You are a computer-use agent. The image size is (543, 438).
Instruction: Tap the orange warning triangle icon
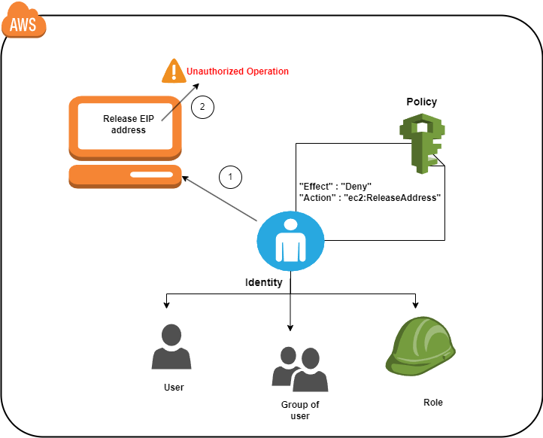pyautogui.click(x=174, y=71)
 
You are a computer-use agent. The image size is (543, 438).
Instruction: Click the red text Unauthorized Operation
pyautogui.click(x=238, y=71)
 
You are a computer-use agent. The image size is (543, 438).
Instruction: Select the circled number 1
pyautogui.click(x=231, y=177)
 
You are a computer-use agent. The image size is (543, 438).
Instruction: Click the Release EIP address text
pyautogui.click(x=124, y=124)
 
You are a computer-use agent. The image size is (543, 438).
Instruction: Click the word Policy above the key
pyautogui.click(x=421, y=102)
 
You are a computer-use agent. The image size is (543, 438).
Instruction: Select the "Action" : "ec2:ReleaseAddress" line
pyautogui.click(x=369, y=196)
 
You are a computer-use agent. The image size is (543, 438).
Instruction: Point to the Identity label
pyautogui.click(x=264, y=283)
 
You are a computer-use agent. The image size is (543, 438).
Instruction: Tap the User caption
pyautogui.click(x=174, y=388)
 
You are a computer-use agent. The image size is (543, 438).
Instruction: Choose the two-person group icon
pyautogui.click(x=299, y=370)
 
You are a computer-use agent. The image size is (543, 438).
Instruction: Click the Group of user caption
pyautogui.click(x=299, y=410)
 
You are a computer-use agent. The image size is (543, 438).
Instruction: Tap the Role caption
pyautogui.click(x=433, y=402)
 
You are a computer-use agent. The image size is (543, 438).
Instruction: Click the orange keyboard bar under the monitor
pyautogui.click(x=125, y=176)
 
